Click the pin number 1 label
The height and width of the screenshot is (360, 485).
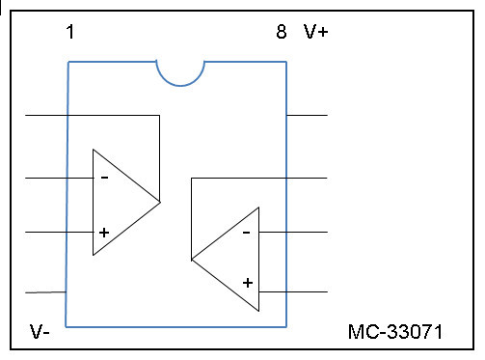pyautogui.click(x=70, y=32)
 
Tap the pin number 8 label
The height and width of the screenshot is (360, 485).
pyautogui.click(x=282, y=32)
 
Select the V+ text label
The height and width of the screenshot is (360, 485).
pyautogui.click(x=315, y=32)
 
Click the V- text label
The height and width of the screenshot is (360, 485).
pyautogui.click(x=40, y=332)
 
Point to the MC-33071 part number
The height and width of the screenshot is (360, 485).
pyautogui.click(x=395, y=332)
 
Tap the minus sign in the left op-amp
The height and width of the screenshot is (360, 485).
pyautogui.click(x=105, y=178)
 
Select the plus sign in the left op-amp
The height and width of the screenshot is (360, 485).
pyautogui.click(x=104, y=233)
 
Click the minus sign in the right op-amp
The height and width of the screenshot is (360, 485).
pyautogui.click(x=247, y=232)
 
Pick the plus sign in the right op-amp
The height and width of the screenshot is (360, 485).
pyautogui.click(x=248, y=283)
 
